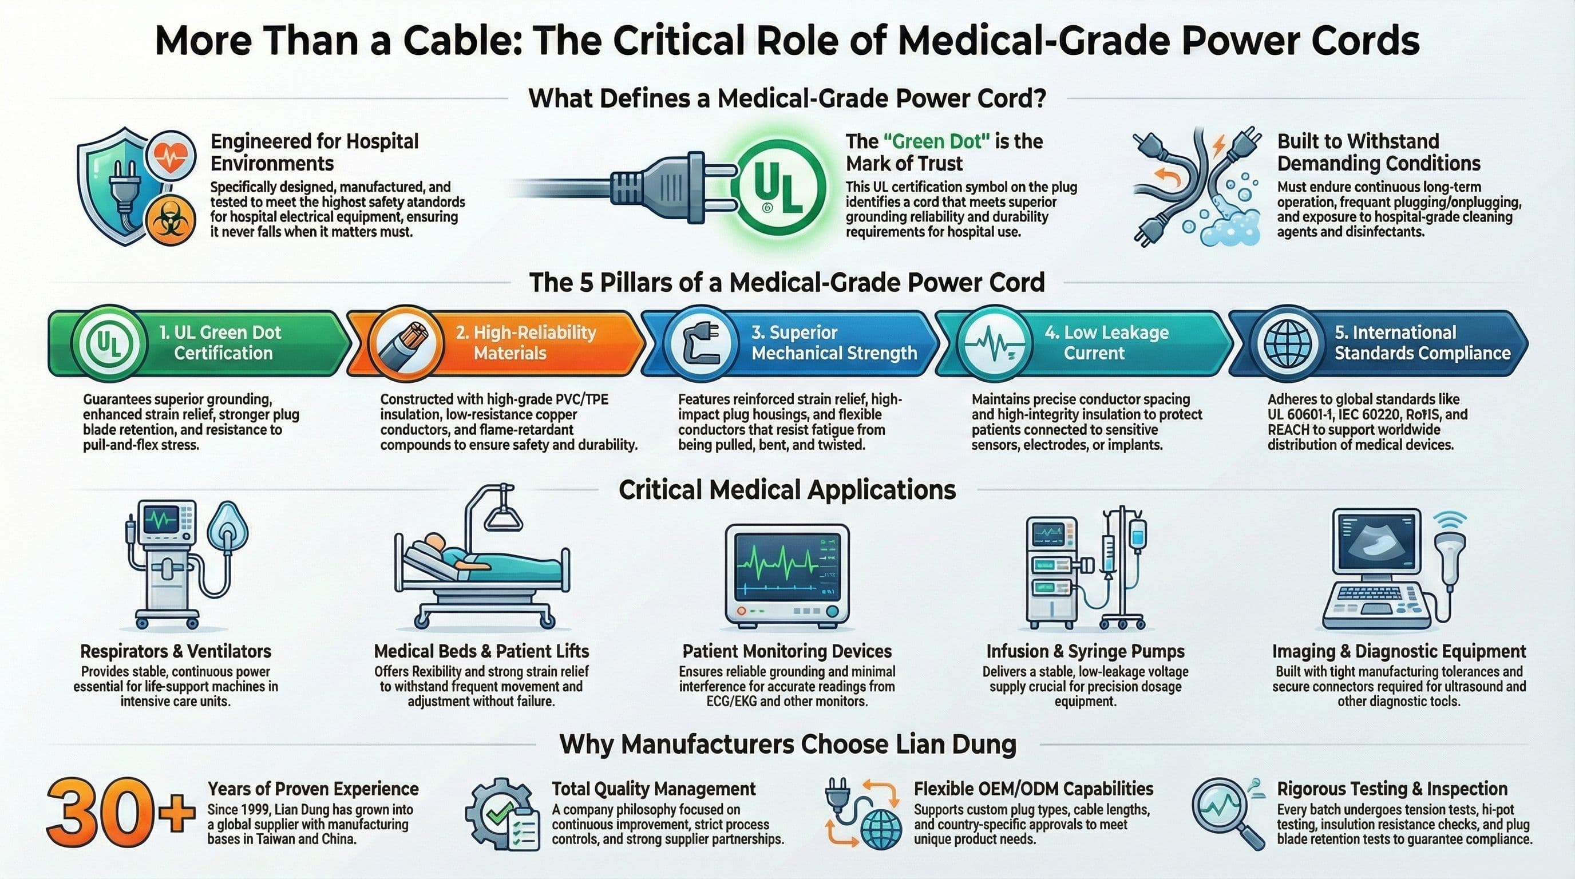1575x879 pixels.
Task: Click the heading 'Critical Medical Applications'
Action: click(787, 490)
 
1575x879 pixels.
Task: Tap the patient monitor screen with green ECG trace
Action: click(787, 567)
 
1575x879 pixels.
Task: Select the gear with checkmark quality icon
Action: click(502, 814)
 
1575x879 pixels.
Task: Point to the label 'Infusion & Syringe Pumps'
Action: click(1085, 651)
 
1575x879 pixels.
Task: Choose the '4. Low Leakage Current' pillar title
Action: click(1106, 342)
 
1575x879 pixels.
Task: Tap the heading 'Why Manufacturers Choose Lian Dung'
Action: click(787, 745)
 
